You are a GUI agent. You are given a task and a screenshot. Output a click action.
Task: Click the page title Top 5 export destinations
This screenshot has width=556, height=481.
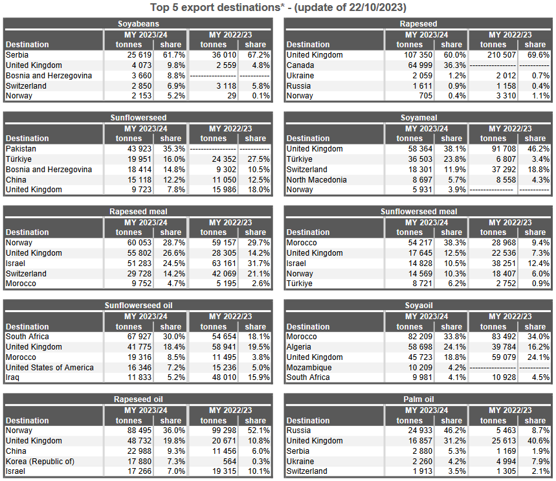[278, 8]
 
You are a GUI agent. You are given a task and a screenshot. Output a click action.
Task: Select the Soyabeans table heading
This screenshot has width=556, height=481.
[138, 25]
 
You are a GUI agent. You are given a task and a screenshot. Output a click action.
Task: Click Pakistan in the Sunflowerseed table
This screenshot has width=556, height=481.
[21, 149]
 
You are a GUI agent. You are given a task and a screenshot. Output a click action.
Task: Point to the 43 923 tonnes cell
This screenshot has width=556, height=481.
[137, 149]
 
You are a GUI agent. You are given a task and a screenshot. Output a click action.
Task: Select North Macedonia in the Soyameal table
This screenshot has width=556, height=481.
[317, 180]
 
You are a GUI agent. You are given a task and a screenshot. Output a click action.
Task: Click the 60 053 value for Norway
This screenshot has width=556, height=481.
[137, 243]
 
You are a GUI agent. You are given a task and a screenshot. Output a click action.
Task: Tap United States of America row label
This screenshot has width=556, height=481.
[49, 368]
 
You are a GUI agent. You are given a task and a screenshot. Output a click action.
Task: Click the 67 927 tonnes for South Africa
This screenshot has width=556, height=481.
[137, 337]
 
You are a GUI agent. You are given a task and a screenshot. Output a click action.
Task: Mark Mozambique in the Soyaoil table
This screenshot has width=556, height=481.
[309, 368]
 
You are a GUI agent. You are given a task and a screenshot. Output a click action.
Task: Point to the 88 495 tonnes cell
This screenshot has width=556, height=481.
[137, 431]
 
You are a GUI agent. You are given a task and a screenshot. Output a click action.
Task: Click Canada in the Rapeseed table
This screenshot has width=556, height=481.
[301, 65]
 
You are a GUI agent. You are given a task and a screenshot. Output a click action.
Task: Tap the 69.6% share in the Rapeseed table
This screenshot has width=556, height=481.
[535, 55]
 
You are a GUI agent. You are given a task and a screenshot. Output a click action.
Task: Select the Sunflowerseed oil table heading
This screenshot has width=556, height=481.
[138, 306]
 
